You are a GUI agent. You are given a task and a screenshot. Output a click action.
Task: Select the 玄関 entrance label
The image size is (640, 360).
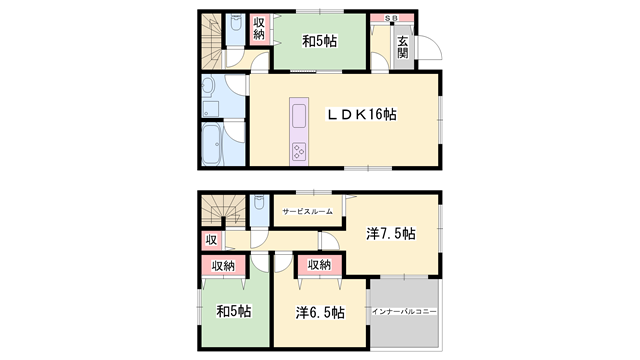pos(402,47)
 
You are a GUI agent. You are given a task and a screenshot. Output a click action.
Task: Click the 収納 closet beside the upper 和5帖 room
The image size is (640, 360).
pos(259,30)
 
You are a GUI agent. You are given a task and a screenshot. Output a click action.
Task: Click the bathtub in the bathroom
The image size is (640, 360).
pos(213,145)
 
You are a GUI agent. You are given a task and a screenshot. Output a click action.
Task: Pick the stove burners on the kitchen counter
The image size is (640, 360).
pos(300,151)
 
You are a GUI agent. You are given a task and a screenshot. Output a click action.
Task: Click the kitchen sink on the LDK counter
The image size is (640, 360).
pos(300,116)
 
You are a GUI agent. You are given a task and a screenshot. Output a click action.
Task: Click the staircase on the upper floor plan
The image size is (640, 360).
pos(212,40)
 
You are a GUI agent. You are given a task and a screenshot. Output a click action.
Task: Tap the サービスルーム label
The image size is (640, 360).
pos(307,212)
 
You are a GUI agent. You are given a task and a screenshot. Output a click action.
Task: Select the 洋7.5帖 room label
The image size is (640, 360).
pos(391,233)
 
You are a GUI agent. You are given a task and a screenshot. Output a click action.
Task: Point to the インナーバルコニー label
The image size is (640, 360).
pos(405,313)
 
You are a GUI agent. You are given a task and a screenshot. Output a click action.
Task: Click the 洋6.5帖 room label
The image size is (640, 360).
pos(320,312)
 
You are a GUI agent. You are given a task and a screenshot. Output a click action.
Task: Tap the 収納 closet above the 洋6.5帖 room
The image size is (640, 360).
pos(319,265)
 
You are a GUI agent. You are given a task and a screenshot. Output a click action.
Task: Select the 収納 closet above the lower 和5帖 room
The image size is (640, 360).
pos(223,265)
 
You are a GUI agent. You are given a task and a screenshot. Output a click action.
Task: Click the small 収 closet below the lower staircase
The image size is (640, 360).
pos(211,240)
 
